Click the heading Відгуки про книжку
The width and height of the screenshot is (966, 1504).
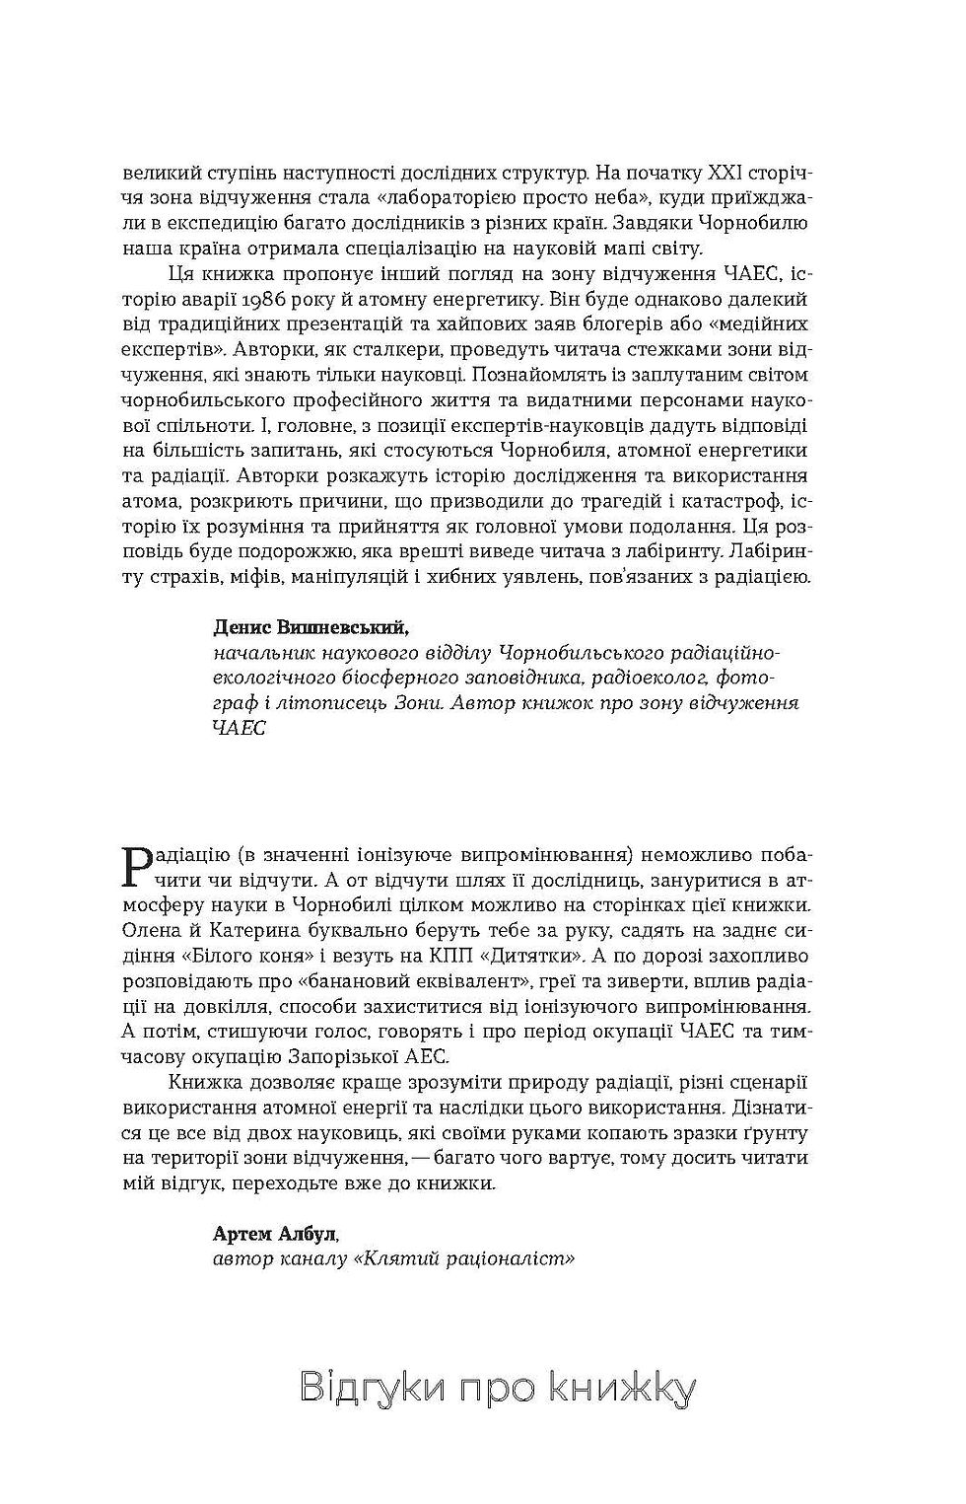click(497, 1388)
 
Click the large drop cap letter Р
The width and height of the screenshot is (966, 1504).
click(137, 865)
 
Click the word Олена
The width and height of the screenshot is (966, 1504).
click(149, 930)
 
